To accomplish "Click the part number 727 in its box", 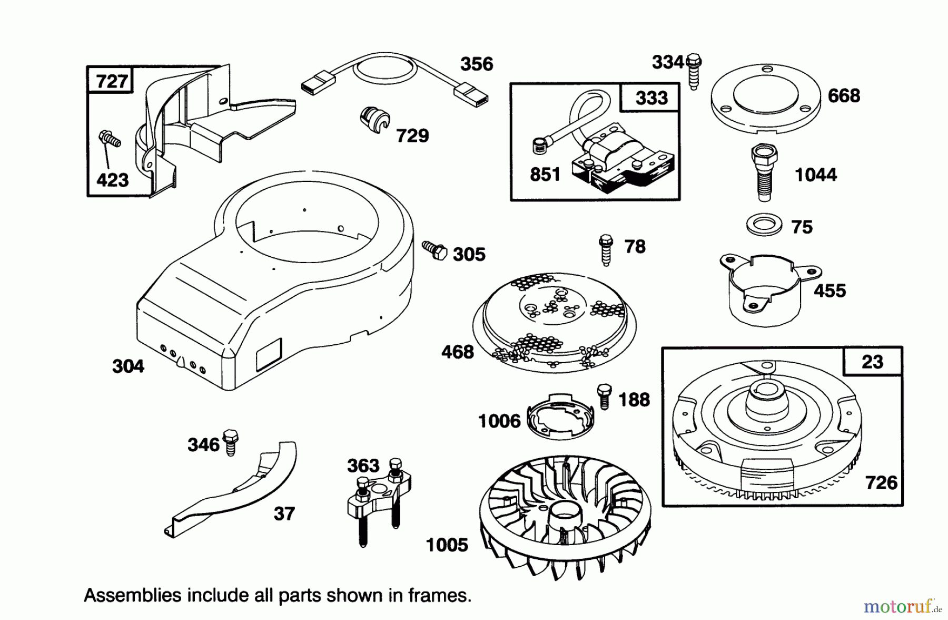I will click(x=112, y=81).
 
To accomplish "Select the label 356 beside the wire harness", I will click(x=476, y=64).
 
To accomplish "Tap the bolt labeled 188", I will click(x=604, y=396).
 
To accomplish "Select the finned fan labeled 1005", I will click(x=565, y=517).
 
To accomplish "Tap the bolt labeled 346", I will click(x=231, y=442).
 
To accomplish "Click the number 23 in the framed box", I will click(x=872, y=362).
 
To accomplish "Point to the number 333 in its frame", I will click(x=651, y=98).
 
